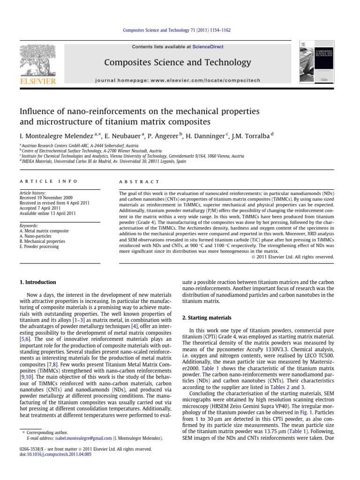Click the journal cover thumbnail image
(316, 63)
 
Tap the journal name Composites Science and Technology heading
(177, 62)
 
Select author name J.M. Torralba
(250, 136)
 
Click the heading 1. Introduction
(37, 282)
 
